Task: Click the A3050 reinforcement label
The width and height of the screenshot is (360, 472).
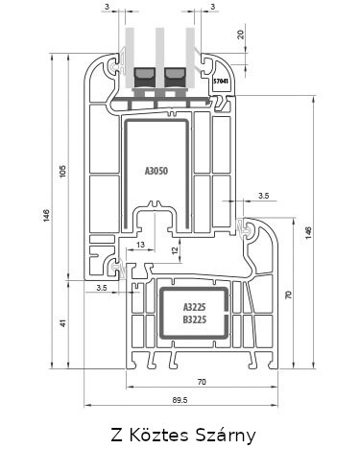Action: pos(156,171)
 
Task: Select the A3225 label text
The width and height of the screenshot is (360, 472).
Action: pos(194,307)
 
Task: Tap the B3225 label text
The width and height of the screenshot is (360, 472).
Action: pos(194,319)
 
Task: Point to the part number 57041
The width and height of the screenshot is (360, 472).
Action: pos(221,82)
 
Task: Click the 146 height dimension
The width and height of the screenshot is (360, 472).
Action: pos(47,216)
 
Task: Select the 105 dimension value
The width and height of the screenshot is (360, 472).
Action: pos(62,172)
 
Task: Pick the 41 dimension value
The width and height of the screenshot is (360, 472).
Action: pos(63,323)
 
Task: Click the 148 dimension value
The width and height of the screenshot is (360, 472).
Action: pos(308,233)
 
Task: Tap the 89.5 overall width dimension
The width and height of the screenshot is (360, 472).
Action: pos(180,400)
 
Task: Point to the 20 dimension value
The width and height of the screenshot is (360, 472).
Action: pos(241,35)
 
